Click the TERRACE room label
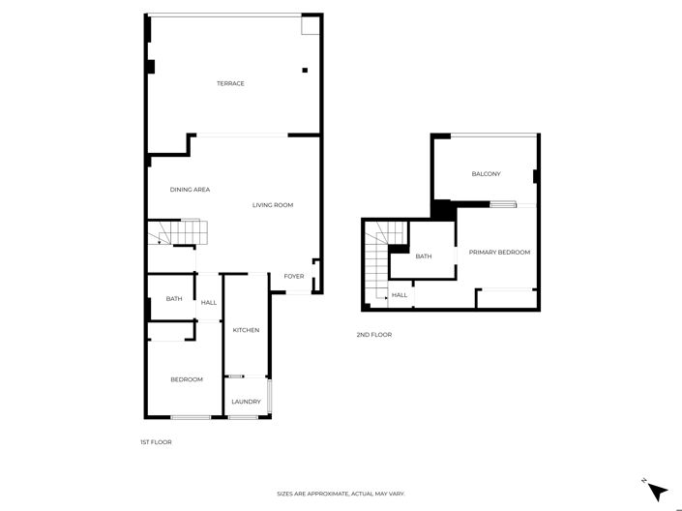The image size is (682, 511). pos(230,83)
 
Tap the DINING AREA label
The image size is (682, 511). pos(190,190)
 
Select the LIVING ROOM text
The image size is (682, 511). pos(273,205)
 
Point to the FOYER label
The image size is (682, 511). pos(294,276)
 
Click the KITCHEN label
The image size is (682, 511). pos(246,331)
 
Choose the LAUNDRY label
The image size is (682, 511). pos(246,402)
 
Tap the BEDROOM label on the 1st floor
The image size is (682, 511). pos(187,379)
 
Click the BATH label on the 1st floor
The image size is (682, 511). pos(174,299)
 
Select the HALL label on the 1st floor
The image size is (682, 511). pos(209,303)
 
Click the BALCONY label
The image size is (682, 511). pos(486,174)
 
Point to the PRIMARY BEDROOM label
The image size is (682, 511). pos(499,253)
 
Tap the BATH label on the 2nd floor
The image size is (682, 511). pos(424,256)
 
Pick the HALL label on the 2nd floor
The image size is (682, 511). pos(399,295)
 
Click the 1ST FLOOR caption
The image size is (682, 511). pos(156,441)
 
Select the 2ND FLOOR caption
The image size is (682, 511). pos(374,335)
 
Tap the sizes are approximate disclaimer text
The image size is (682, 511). pos(341,494)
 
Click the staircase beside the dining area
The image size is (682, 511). pos(179,233)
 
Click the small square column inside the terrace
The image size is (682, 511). pos(305,70)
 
